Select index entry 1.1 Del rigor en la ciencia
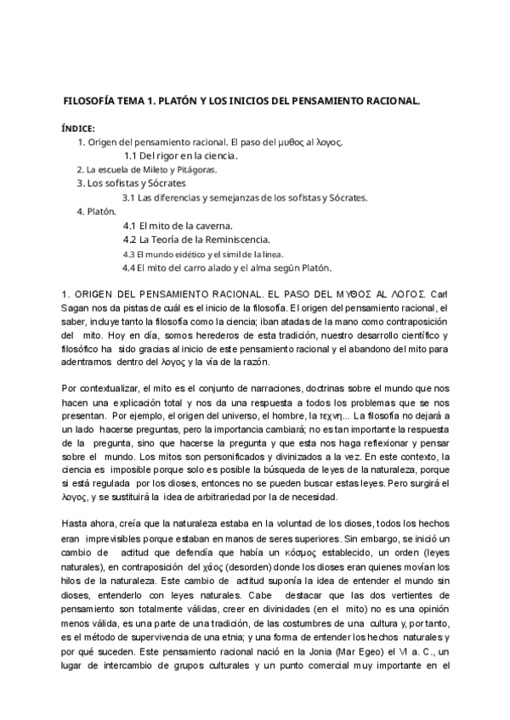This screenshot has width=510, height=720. click(x=180, y=155)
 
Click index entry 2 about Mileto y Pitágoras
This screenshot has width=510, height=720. click(x=146, y=169)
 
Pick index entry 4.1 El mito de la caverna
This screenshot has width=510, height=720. click(x=182, y=226)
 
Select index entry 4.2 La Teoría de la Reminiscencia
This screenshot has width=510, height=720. click(x=196, y=239)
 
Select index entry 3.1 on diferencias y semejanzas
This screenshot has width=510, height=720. click(x=244, y=197)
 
